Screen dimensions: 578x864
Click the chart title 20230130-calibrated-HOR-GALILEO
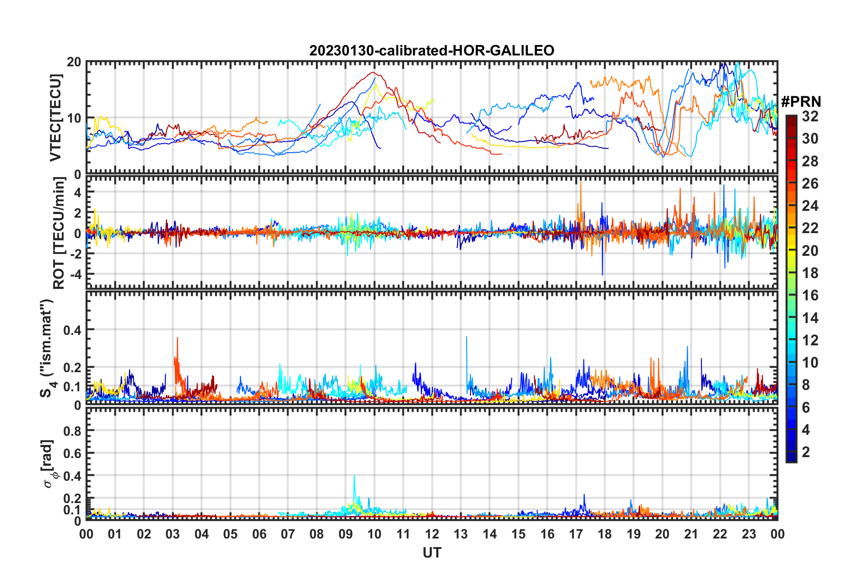432,50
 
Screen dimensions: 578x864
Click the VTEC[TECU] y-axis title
55,118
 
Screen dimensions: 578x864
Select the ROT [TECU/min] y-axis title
59,233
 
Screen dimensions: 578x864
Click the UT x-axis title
432,553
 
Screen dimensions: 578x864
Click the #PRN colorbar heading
801,101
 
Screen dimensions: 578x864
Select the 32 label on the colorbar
810,116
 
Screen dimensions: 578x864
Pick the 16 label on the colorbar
810,295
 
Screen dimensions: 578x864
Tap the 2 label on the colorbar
806,452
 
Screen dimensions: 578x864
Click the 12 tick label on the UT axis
432,534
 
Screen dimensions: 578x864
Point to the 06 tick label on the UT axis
259,534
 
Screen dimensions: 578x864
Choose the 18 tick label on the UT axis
605,534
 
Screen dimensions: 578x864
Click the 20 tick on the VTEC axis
74,62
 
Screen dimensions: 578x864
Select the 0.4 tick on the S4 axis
73,330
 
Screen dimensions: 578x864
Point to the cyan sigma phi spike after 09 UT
354,476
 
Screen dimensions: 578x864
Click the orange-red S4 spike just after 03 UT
177,338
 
